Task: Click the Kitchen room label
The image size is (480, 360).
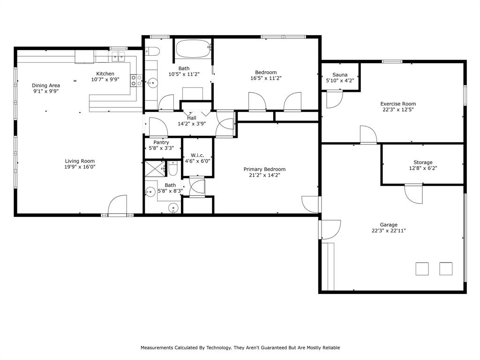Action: (x=105, y=74)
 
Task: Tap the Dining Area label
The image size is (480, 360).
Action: (x=46, y=85)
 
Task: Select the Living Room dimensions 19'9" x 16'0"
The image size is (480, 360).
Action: (x=80, y=167)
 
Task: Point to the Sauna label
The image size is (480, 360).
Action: (x=340, y=75)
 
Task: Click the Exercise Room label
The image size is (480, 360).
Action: (x=397, y=104)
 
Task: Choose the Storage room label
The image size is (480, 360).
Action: (x=423, y=162)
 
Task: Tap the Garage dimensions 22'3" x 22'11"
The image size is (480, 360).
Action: (x=388, y=231)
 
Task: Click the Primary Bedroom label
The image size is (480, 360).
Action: (x=264, y=169)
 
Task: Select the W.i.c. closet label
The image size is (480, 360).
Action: (x=197, y=155)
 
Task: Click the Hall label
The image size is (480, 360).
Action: (x=192, y=118)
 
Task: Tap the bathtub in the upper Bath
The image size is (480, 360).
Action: (x=193, y=49)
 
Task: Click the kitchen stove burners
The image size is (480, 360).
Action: (x=136, y=81)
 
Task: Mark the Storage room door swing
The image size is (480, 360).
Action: (x=413, y=194)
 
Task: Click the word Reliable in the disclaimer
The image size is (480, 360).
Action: (x=330, y=348)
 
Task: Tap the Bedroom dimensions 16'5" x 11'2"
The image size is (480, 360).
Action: (x=266, y=78)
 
